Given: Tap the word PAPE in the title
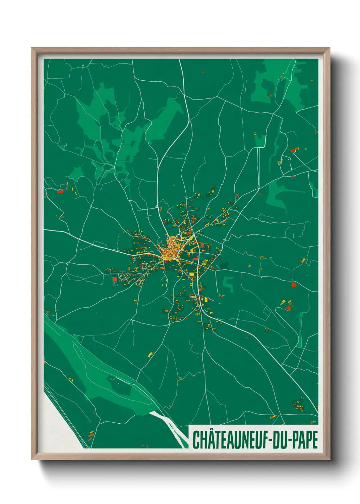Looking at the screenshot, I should pos(305,440).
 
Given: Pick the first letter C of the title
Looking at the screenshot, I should pos(196,440).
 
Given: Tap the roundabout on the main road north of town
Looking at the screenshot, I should pos(157,206).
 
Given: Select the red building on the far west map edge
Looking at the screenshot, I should pos(61,192).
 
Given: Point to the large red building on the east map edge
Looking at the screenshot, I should pos(294,285).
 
